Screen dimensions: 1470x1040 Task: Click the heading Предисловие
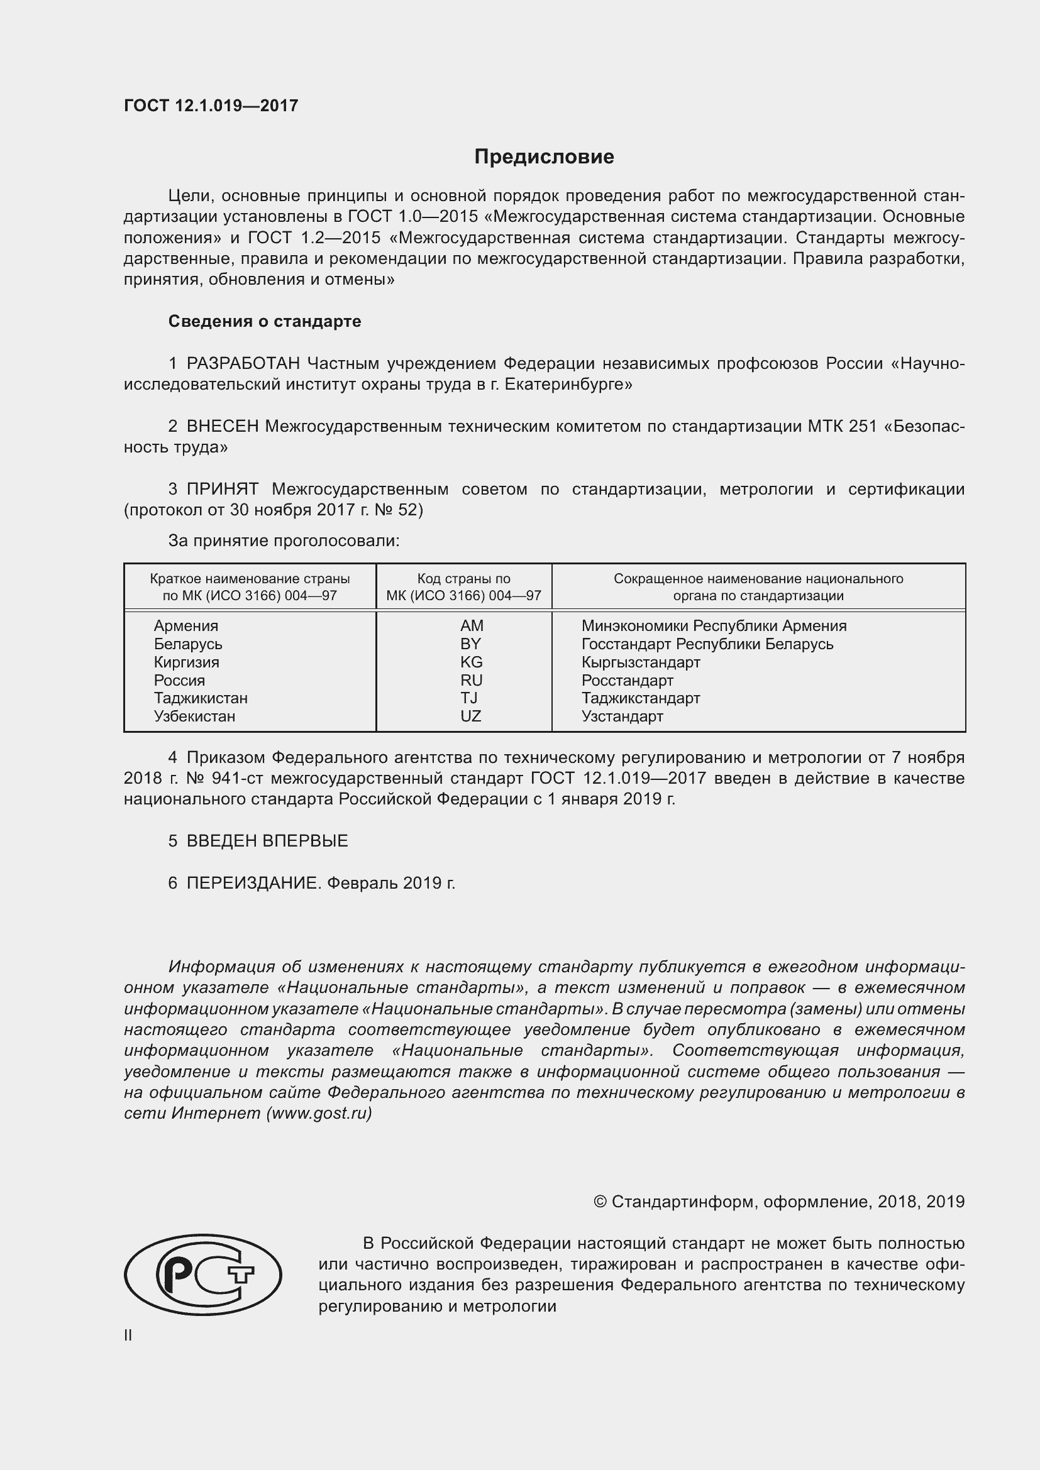[x=544, y=157]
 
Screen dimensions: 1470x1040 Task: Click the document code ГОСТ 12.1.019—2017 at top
[x=211, y=106]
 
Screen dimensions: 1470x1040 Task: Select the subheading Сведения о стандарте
[x=264, y=321]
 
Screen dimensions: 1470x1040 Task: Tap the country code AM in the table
[x=472, y=625]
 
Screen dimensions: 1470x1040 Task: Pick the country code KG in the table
[x=472, y=662]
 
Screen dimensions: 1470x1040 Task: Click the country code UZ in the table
[x=470, y=716]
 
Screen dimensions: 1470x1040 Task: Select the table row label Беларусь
[x=187, y=644]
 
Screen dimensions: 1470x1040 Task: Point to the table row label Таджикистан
[x=201, y=698]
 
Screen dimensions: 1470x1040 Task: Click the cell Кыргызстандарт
[x=640, y=662]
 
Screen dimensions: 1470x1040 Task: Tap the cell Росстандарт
[x=627, y=680]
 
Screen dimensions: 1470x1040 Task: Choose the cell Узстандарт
[x=622, y=716]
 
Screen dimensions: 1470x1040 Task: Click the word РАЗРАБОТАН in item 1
[x=243, y=364]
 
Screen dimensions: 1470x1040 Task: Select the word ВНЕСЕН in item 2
[x=222, y=426]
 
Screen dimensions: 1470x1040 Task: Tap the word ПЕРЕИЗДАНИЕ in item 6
[x=252, y=883]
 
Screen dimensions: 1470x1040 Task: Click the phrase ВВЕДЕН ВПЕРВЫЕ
[x=267, y=841]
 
